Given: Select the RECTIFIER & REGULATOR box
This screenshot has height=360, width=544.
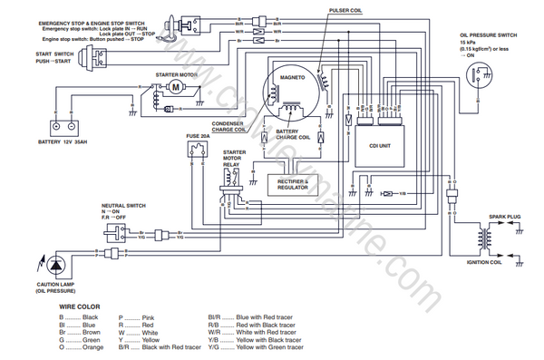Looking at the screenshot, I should pos(294,184).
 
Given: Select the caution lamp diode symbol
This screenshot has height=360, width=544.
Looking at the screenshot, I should pos(55,265).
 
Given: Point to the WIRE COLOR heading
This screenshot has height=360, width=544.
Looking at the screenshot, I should pos(80,306).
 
